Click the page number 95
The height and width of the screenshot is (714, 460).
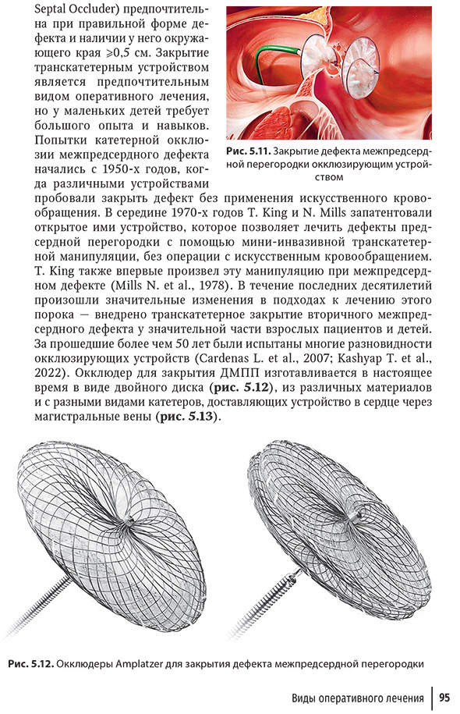pyautogui.click(x=444, y=698)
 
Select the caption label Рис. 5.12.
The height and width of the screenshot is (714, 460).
pyautogui.click(x=31, y=663)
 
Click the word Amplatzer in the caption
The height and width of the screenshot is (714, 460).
pyautogui.click(x=143, y=663)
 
